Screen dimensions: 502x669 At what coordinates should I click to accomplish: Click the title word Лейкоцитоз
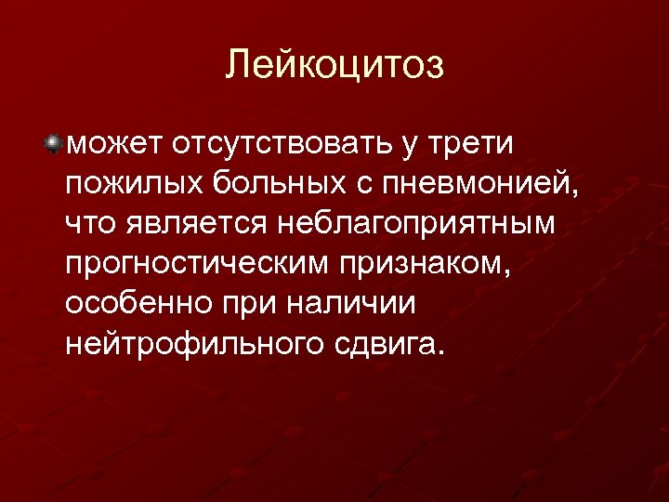point(334,65)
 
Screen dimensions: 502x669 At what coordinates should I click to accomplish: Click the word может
point(113,144)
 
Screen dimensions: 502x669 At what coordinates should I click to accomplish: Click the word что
point(90,224)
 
